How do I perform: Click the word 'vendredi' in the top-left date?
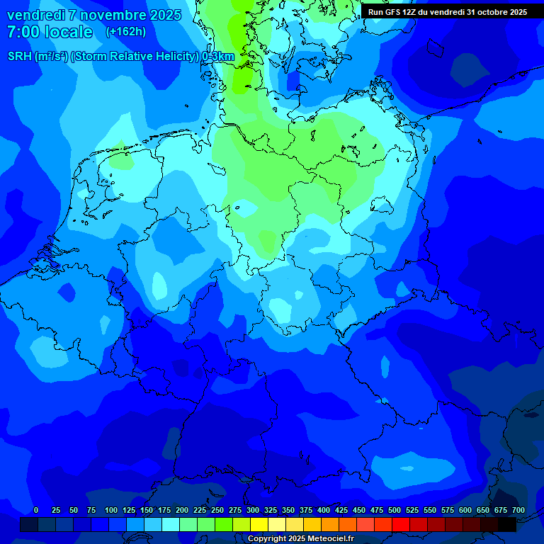36,15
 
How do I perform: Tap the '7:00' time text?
23,32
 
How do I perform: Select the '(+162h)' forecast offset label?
125,32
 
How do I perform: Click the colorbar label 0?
36,510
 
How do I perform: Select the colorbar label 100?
111,510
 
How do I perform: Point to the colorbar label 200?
182,510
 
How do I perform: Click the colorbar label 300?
253,510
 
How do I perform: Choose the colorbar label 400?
324,510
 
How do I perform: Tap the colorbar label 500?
395,510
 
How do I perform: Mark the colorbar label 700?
518,510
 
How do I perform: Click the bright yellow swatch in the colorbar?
259,524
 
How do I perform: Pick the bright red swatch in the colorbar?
401,524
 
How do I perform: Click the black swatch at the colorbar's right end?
507,524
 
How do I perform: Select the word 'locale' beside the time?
69,32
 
